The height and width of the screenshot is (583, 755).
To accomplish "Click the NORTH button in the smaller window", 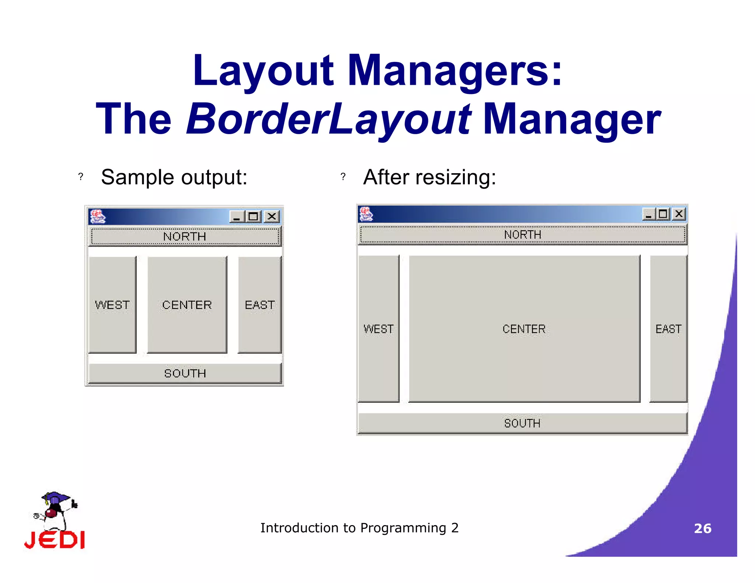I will pos(185,236).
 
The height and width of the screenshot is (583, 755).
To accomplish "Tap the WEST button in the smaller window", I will pos(112,305).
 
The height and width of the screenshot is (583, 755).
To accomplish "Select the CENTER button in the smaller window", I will pos(187,305).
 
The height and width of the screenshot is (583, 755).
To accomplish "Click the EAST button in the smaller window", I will pos(260,305).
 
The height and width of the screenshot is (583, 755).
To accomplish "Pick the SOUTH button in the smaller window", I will pos(185,373).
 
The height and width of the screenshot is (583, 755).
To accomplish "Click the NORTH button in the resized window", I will pos(522,234).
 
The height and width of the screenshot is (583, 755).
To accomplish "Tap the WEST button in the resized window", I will pos(379,329).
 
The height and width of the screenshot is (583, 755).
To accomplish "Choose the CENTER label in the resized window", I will pos(524,329).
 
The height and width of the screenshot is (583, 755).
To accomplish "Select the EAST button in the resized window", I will pos(668,329).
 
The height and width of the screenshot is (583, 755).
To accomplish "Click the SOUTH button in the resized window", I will pos(522,423).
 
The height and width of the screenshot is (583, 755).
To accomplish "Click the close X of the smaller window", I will pos(272,216).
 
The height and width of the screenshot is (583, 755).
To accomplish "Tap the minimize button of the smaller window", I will pos(237,216).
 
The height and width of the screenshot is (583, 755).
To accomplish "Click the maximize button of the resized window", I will pos(662,214).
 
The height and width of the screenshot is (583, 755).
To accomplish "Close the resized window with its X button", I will pos(679,214).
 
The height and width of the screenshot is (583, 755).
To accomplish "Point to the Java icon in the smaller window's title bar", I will pos(98,217).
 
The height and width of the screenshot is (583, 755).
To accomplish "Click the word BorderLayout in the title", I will pos(328,119).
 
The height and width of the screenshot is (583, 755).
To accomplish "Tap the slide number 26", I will pos(703,528).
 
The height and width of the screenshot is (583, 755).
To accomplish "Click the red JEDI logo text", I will pos(55,540).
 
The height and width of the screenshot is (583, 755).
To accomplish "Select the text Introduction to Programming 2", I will pos(359,528).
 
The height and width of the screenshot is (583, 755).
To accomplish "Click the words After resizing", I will pos(429,177).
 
